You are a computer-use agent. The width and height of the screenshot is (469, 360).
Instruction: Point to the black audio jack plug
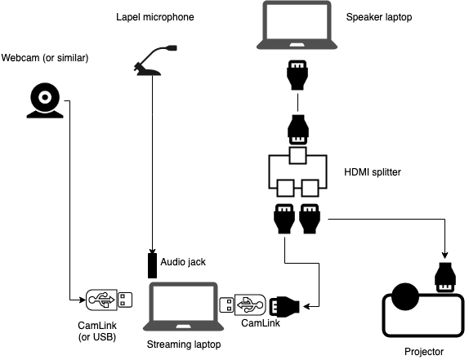(x=151, y=264)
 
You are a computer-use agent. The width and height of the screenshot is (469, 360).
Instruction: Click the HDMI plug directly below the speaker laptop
(x=297, y=75)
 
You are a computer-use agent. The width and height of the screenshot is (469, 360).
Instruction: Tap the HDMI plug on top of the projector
(x=444, y=278)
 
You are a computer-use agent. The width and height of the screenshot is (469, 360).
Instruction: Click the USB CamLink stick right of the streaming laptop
(x=243, y=305)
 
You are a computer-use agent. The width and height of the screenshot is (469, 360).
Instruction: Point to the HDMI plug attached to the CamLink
(x=284, y=307)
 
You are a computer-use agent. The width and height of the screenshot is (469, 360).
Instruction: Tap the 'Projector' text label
(x=424, y=352)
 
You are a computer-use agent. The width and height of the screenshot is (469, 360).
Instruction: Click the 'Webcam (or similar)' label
(x=45, y=58)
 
